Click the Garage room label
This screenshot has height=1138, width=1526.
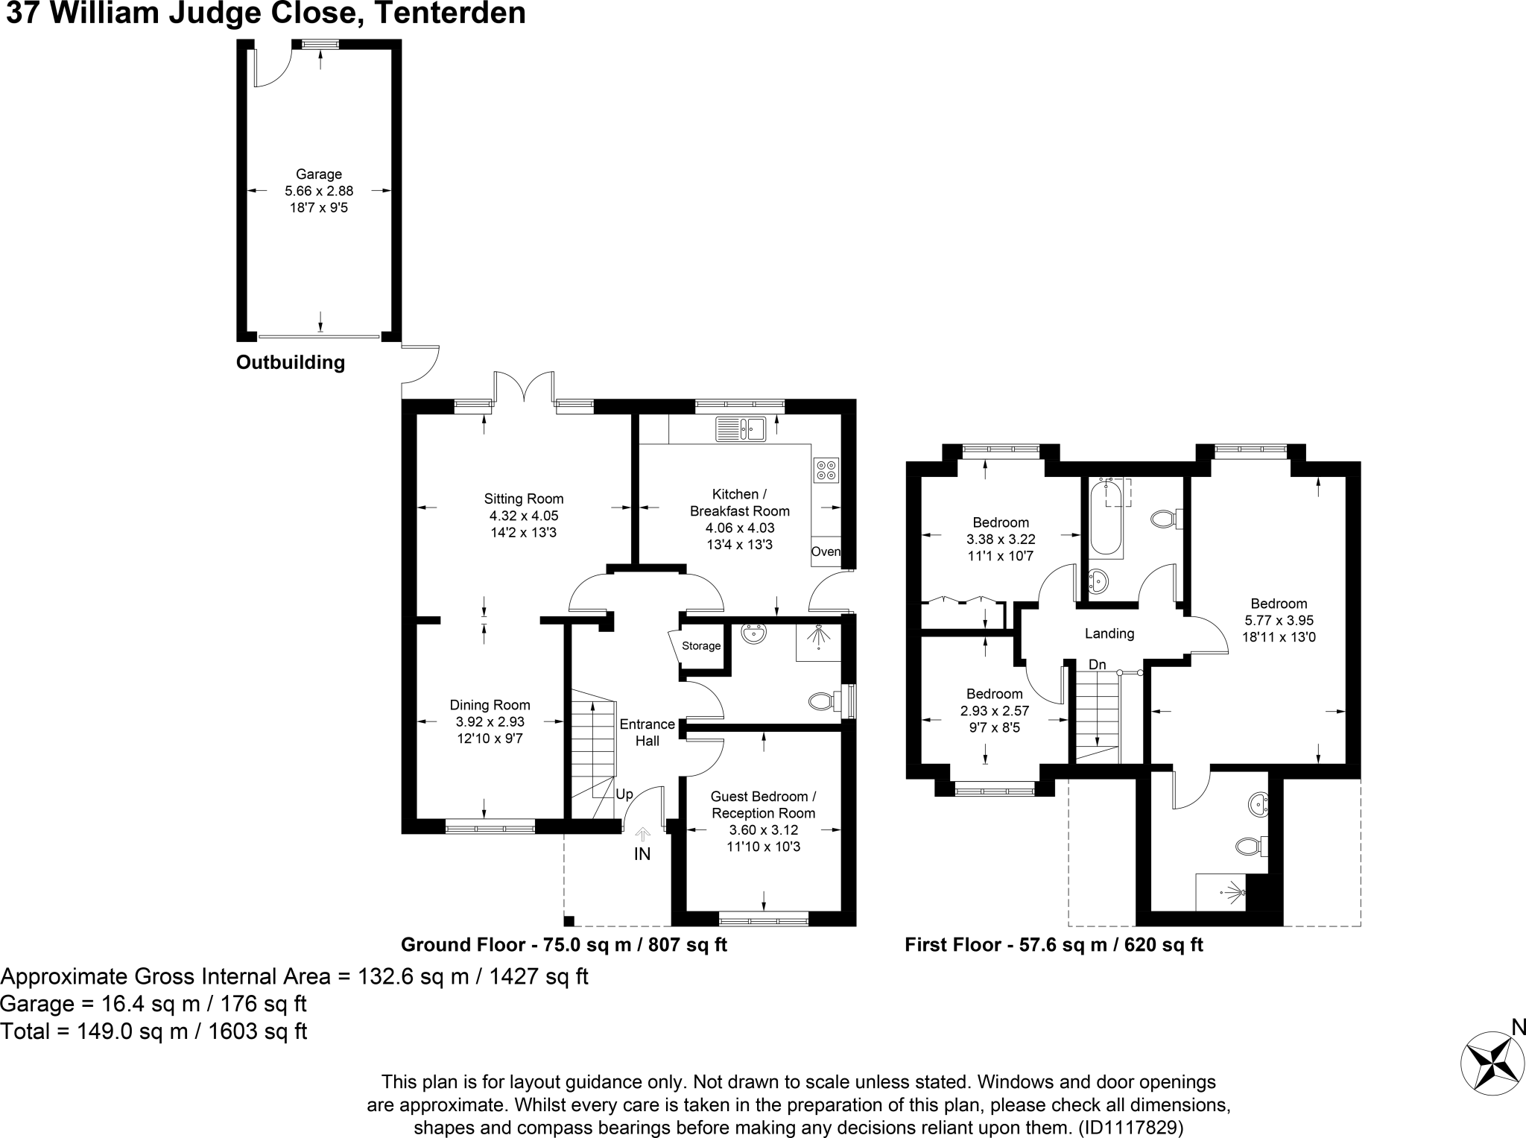[x=318, y=174]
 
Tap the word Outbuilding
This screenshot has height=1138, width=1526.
[x=291, y=363]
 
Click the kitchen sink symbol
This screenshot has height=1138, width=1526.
[x=741, y=429]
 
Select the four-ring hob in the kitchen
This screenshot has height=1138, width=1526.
[x=826, y=470]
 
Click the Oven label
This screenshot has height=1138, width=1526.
[x=826, y=552]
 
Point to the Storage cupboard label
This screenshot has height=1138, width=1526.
[x=701, y=646]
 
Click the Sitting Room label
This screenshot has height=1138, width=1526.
[x=524, y=499]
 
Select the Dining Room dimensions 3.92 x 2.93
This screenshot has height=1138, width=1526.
[x=490, y=722]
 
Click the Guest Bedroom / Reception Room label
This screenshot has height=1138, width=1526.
[x=763, y=805]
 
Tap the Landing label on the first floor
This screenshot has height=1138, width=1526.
[x=1109, y=634]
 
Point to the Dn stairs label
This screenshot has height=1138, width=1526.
[x=1097, y=665]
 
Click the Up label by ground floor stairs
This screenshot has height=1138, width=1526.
[x=624, y=794]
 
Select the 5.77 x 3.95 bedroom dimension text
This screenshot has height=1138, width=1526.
[x=1279, y=620]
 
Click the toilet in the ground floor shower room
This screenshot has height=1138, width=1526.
[x=823, y=701]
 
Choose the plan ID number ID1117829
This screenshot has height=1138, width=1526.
[x=1130, y=1128]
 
